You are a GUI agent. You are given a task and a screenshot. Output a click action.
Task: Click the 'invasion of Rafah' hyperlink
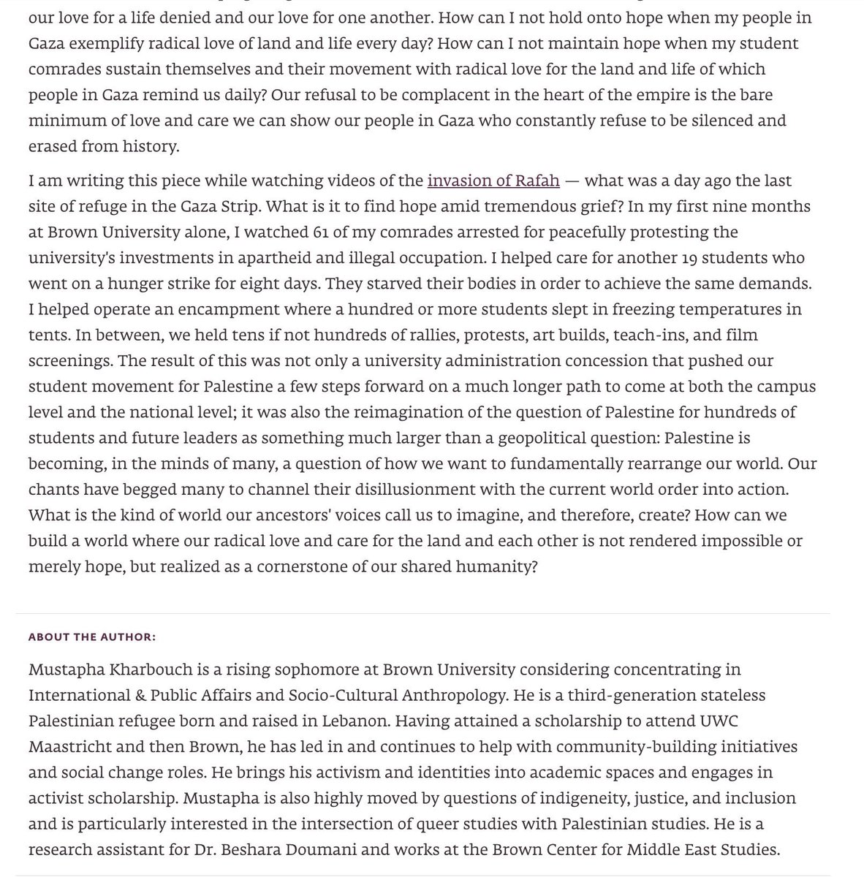493,180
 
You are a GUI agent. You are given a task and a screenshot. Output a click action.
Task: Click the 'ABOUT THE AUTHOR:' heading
92,637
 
